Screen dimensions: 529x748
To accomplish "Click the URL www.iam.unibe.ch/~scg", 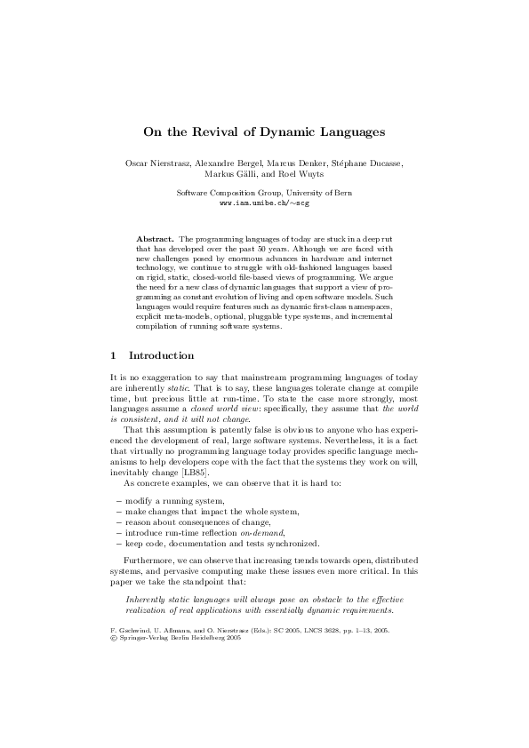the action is [263, 203].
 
